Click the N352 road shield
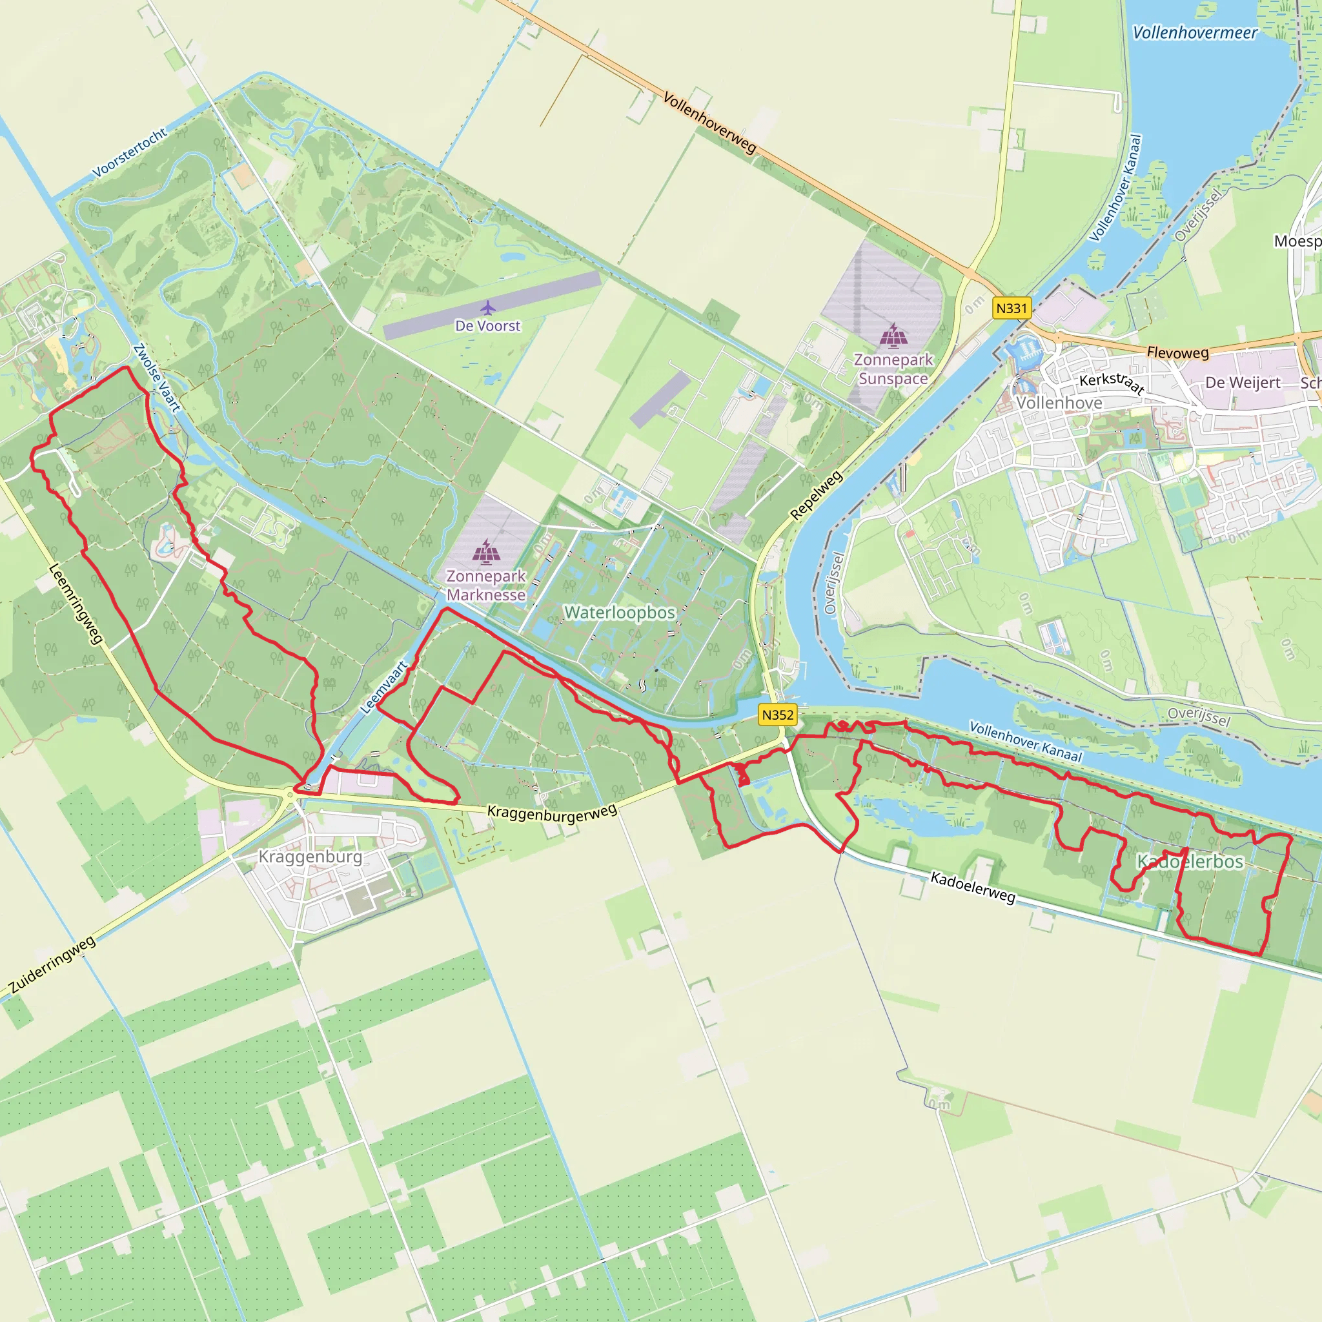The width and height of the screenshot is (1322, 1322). point(777,715)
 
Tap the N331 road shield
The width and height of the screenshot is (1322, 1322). point(1012,308)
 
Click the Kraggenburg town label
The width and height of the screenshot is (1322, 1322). point(310,857)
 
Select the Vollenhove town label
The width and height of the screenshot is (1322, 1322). point(1059,403)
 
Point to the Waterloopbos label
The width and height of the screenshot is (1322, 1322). point(619,613)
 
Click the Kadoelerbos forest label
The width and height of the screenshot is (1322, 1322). point(1190,862)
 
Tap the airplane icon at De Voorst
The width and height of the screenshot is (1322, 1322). point(487,307)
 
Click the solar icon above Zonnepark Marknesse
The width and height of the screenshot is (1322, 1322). point(486,551)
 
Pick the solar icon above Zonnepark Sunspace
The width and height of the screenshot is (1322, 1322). point(893,335)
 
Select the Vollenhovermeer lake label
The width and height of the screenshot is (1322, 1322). point(1195,33)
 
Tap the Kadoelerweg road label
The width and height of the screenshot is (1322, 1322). point(972,888)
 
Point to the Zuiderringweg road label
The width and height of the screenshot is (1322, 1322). point(52,964)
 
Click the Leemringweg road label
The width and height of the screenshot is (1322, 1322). point(76,604)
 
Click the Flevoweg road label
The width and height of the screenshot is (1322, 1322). point(1177,352)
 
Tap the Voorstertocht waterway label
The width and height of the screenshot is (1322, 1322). point(130,152)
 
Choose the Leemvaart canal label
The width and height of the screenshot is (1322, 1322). point(385,687)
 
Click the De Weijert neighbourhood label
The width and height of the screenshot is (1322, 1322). point(1243,383)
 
